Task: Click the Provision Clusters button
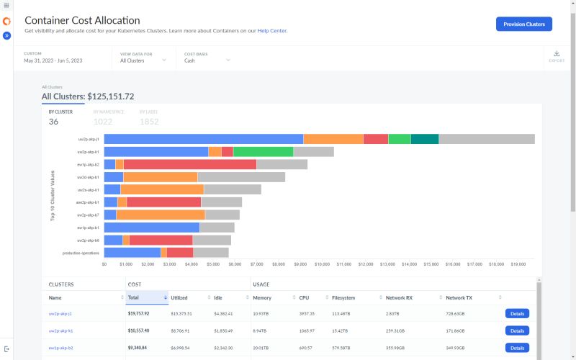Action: pyautogui.click(x=523, y=24)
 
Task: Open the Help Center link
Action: pyautogui.click(x=272, y=31)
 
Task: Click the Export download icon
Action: pyautogui.click(x=557, y=54)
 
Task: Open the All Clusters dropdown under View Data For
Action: pyautogui.click(x=143, y=60)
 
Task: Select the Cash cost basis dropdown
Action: pyautogui.click(x=207, y=60)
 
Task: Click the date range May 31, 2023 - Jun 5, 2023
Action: pyautogui.click(x=53, y=60)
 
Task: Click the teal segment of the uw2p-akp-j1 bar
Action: pyautogui.click(x=425, y=139)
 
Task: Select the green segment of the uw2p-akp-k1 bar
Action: pyautogui.click(x=263, y=152)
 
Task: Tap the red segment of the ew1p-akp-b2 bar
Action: pyautogui.click(x=190, y=165)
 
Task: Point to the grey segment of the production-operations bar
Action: pyautogui.click(x=211, y=253)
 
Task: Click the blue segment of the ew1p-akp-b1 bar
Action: pyautogui.click(x=152, y=228)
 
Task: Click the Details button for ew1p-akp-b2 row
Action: pyautogui.click(x=517, y=348)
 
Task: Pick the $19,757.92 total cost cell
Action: pyautogui.click(x=139, y=314)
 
